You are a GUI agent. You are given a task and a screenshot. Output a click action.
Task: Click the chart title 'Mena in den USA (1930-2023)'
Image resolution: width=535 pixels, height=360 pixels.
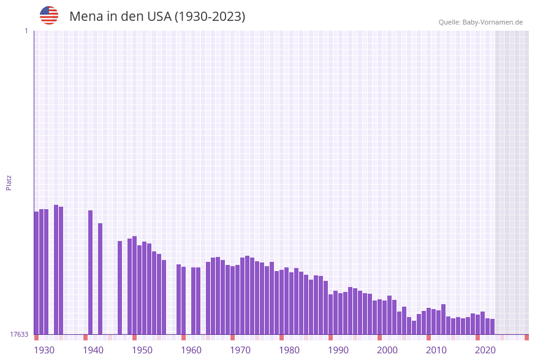[157, 17]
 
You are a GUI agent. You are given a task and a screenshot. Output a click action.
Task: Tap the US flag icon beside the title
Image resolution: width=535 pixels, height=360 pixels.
[49, 15]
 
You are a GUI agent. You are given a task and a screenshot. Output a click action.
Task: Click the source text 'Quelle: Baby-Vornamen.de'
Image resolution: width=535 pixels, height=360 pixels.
[480, 22]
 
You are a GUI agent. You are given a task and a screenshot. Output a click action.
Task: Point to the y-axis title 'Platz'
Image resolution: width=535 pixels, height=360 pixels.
[9, 182]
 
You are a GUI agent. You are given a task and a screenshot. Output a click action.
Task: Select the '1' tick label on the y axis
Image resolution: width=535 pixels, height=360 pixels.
[26, 31]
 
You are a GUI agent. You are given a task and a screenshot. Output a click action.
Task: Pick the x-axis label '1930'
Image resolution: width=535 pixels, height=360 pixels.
[44, 350]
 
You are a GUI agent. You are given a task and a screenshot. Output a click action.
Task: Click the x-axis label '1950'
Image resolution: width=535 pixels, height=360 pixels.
[142, 350]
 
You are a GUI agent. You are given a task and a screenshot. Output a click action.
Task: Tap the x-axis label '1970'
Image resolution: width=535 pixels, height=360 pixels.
[240, 350]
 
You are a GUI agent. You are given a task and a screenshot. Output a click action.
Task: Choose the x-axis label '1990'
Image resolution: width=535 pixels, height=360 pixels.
[338, 350]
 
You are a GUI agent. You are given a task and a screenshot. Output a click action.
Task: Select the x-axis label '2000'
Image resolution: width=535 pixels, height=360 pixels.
[387, 350]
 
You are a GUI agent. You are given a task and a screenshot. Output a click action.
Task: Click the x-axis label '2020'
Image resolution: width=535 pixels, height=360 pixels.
[485, 350]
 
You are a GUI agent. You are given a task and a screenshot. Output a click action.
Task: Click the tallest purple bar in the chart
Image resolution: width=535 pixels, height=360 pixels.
[56, 269]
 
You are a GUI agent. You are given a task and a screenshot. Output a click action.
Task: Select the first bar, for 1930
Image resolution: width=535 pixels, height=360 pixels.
[36, 273]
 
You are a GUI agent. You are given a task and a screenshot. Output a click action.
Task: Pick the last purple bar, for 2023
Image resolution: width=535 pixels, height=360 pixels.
[492, 326]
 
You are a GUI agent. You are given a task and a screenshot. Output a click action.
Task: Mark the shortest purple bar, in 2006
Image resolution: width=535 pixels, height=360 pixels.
[414, 327]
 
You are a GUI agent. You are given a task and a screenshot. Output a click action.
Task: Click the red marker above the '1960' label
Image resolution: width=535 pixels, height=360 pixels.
[183, 337]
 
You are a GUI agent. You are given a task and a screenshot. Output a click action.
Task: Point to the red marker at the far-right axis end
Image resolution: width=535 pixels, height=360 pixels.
[526, 337]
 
